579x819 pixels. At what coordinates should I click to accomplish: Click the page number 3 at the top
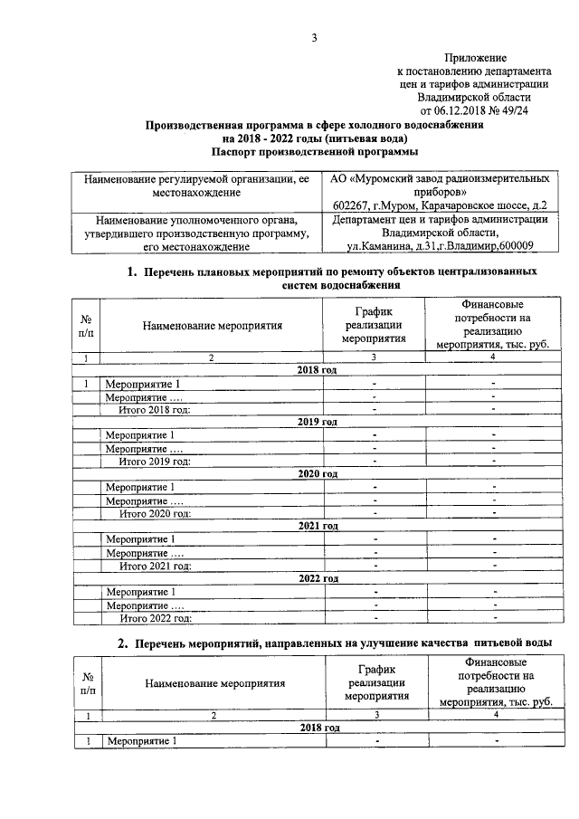pyautogui.click(x=313, y=37)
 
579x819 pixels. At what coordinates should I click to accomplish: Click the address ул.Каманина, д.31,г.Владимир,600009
pyautogui.click(x=440, y=245)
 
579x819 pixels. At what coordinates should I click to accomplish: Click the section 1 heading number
pyautogui.click(x=130, y=271)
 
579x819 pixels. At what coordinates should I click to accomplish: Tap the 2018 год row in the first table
pyautogui.click(x=317, y=371)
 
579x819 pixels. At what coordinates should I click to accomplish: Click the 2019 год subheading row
pyautogui.click(x=317, y=423)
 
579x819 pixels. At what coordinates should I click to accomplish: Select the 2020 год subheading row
pyautogui.click(x=317, y=474)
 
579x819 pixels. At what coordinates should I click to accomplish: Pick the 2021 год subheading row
pyautogui.click(x=317, y=526)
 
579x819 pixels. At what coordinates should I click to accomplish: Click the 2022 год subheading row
pyautogui.click(x=317, y=578)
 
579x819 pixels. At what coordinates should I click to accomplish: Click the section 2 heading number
pyautogui.click(x=125, y=643)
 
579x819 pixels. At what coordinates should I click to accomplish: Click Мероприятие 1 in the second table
pyautogui.click(x=140, y=742)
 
